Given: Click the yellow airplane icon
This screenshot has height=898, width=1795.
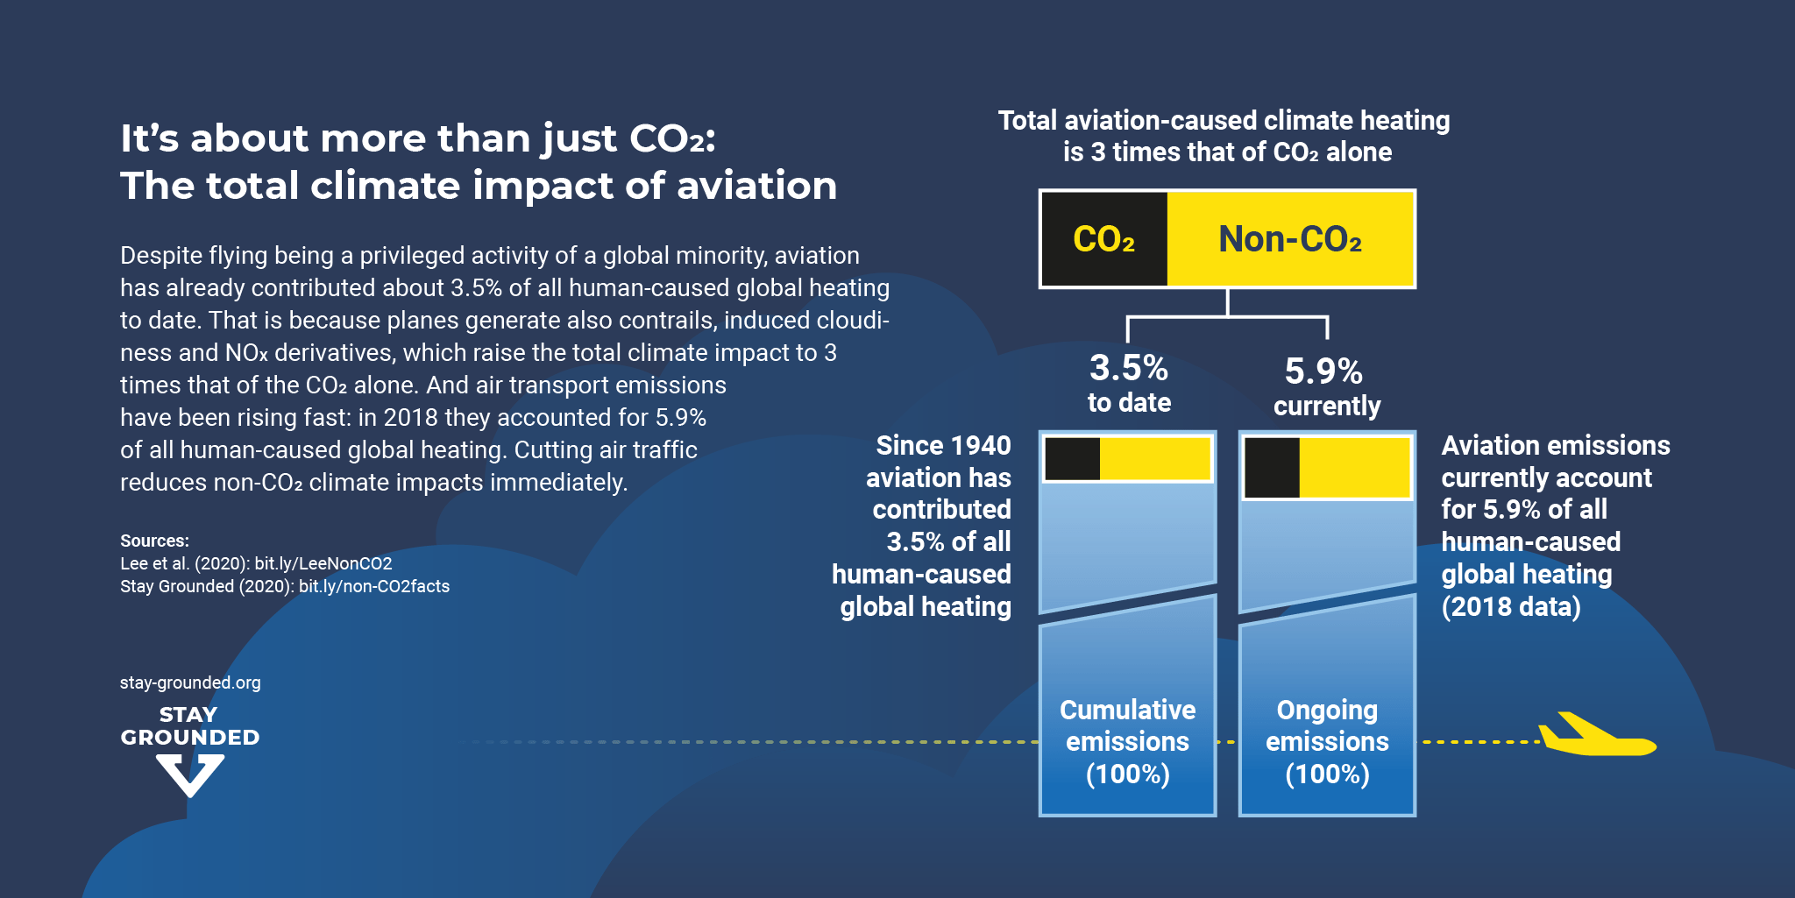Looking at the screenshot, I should click(1595, 739).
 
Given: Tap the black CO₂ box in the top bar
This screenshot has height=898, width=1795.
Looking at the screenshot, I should click(1103, 239).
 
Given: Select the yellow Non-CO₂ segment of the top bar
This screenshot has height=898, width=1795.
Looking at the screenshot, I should click(1290, 239).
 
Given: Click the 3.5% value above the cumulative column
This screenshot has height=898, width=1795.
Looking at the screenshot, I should click(1129, 368).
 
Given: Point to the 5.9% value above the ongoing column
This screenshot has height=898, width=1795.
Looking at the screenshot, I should click(1323, 371).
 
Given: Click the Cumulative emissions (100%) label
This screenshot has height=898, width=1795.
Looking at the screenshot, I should click(1127, 742).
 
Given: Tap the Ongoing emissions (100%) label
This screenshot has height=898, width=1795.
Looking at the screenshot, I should click(1327, 742).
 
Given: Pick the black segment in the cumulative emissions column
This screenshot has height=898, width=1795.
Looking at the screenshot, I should click(1072, 459).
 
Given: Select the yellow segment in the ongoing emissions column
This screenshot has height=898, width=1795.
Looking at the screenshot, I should click(1354, 468).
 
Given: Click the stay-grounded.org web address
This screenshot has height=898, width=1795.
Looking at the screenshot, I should click(190, 682).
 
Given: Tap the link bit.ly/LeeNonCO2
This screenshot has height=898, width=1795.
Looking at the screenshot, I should click(323, 563).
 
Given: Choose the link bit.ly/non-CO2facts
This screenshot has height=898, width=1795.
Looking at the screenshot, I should click(374, 586).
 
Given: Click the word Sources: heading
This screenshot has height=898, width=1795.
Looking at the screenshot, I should click(154, 541).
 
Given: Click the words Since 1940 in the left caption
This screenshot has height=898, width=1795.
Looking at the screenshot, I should click(943, 445).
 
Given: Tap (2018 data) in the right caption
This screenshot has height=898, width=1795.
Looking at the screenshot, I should click(1511, 606).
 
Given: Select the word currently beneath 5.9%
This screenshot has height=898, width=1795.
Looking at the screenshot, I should click(1327, 407).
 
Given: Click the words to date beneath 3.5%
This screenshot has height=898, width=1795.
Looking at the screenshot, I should click(1129, 403).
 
